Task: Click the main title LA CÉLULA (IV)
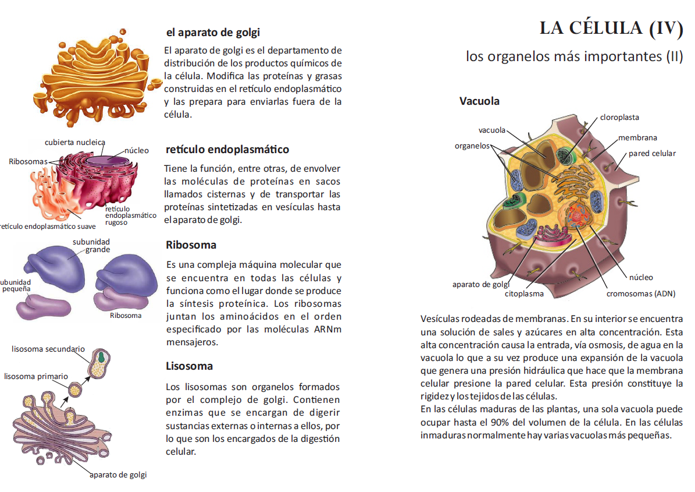coord(611,29)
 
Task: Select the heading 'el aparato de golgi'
coord(213,33)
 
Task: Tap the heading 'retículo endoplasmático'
coord(227,150)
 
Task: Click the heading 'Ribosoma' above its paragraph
coord(191,245)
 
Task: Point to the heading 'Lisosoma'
coord(189,366)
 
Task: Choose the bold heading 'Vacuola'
coord(479,101)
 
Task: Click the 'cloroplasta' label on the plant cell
coord(619,117)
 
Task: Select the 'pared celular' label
coord(652,154)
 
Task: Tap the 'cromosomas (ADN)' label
coord(641,293)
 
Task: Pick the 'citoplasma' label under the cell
coord(524,293)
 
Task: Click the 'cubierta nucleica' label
coord(75,142)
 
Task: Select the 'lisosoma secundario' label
coord(48,349)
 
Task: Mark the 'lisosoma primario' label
coord(36,376)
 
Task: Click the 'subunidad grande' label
coord(92,246)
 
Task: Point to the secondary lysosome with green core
coord(101,361)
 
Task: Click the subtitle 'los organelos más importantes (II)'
coord(574,56)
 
